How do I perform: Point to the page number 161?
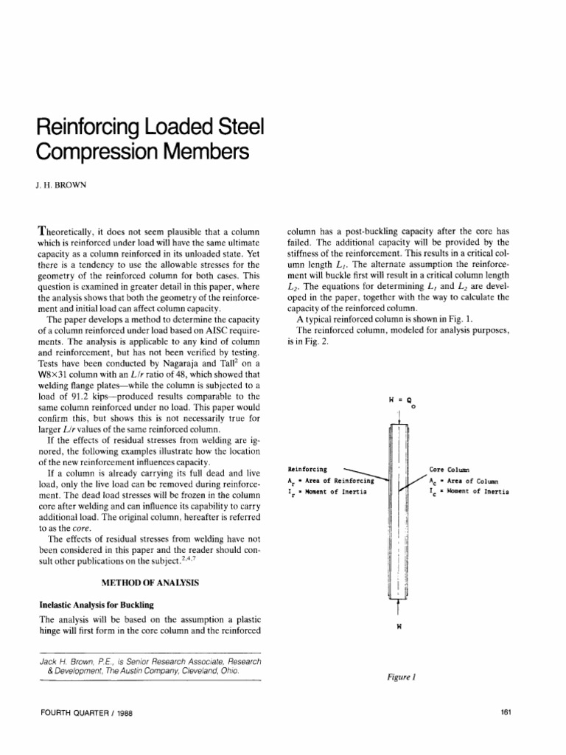(x=506, y=712)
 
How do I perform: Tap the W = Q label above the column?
(x=399, y=400)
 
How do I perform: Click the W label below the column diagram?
(x=398, y=627)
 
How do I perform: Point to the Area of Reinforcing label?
(x=330, y=480)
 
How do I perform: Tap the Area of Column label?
(x=467, y=480)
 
